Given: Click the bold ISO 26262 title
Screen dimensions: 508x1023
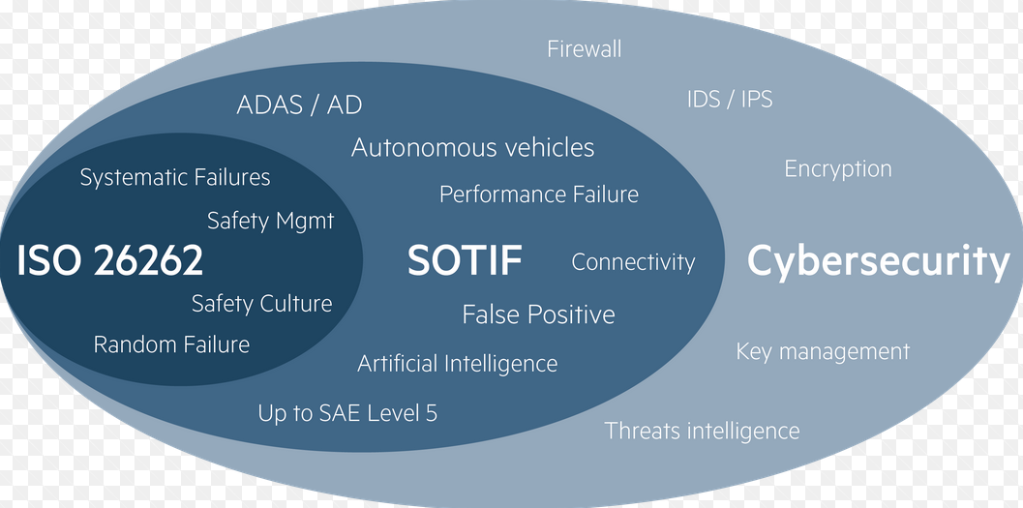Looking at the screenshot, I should (110, 261).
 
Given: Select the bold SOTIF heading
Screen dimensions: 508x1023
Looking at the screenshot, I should (465, 260).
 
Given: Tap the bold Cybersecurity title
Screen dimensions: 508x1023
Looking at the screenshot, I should (879, 261).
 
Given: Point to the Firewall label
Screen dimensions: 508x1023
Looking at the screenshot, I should (584, 48).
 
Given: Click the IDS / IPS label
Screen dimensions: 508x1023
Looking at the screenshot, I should (730, 99).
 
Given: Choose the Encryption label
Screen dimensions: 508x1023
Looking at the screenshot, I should (837, 169).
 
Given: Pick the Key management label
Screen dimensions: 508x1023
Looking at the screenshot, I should (823, 351).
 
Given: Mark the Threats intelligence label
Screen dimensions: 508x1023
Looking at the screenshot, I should (702, 431).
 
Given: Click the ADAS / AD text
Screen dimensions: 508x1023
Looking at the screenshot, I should (299, 105).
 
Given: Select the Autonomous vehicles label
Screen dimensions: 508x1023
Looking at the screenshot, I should (472, 148).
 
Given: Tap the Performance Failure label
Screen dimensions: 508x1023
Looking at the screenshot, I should (539, 194).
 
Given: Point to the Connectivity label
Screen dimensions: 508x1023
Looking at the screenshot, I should (633, 262).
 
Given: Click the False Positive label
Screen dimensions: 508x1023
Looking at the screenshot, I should (538, 314).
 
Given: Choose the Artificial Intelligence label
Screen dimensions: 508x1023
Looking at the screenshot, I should (457, 364).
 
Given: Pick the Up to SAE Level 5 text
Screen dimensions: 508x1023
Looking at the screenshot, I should (347, 413).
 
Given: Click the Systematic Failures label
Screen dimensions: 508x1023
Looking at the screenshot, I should (175, 178).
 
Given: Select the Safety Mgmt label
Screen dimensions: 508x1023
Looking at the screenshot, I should (270, 221).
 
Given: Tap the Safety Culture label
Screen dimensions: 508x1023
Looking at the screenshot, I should (261, 304).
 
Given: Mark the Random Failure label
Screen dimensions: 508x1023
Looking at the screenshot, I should (171, 344).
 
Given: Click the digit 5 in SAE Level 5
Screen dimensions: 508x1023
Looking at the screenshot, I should (431, 413).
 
